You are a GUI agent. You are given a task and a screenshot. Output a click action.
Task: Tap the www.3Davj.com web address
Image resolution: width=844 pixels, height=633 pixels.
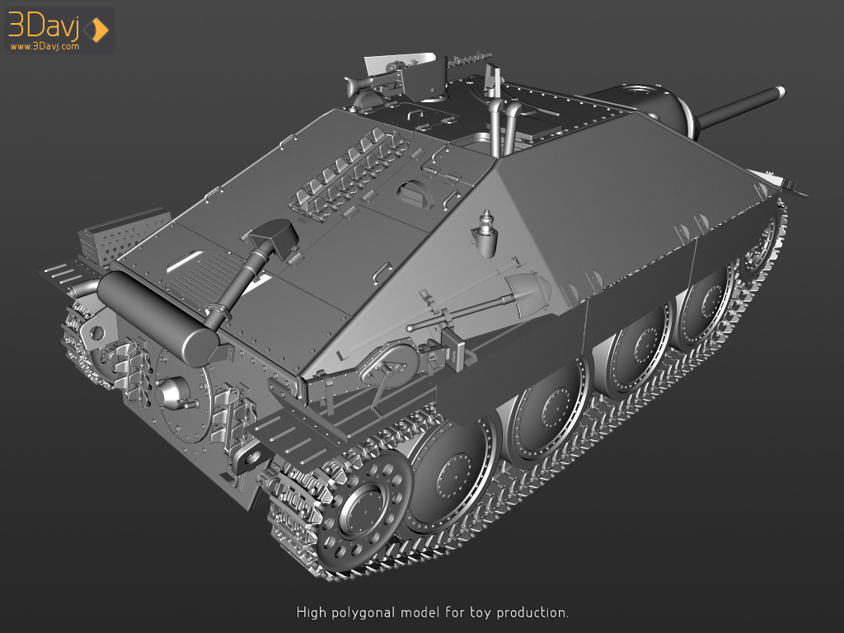click(x=45, y=46)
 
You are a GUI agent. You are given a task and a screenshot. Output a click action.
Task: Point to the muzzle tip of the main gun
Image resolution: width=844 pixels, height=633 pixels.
click(x=780, y=91)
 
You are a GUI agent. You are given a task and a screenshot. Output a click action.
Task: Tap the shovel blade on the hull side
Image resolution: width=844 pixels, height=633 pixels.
click(x=528, y=291)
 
